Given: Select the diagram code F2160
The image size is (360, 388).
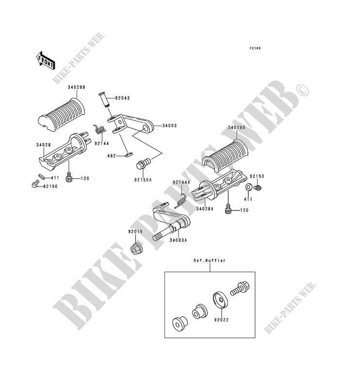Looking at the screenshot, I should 256,48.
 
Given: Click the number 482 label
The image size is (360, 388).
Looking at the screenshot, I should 111,156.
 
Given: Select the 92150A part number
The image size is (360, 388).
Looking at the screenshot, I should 144,179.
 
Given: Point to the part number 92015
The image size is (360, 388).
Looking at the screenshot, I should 135,231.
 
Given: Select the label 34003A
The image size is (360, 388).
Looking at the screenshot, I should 178,240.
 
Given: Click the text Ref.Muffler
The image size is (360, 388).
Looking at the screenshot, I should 209,260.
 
